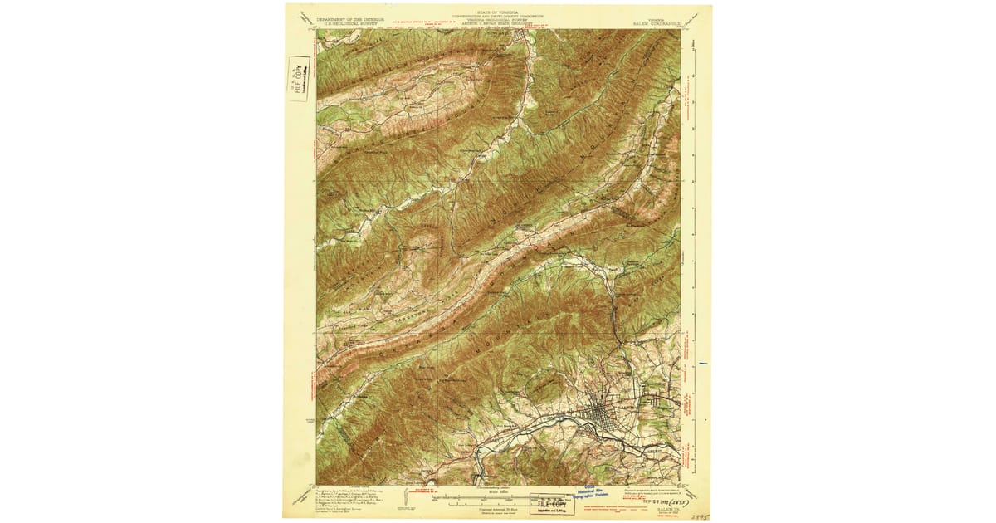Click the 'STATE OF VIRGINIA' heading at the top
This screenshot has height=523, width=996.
[x=498, y=11]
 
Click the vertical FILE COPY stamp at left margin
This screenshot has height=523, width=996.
[x=299, y=79]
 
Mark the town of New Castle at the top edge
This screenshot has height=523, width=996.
[x=525, y=34]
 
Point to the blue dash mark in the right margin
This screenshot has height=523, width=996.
[x=704, y=363]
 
